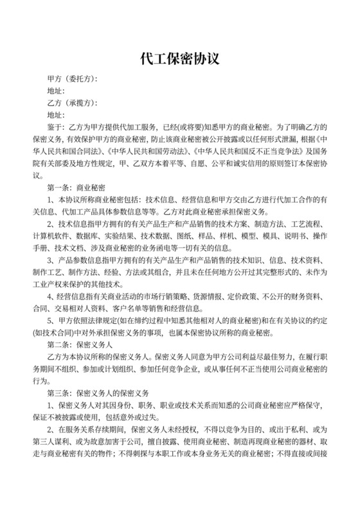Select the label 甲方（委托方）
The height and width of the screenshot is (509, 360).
click(71, 79)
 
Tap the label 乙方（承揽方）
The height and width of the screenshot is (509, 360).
click(71, 103)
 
